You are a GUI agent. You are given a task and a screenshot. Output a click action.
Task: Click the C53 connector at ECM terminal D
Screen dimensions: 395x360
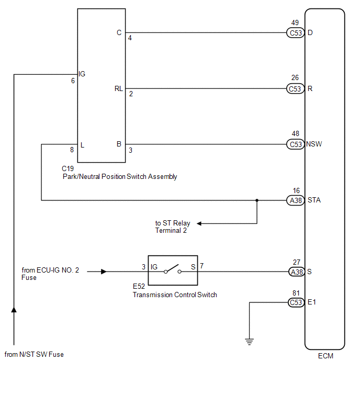pos(296,32)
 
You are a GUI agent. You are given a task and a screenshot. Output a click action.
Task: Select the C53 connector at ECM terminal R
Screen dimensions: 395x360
pos(296,88)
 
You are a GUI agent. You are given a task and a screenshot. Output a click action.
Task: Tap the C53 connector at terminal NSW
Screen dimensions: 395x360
pos(296,144)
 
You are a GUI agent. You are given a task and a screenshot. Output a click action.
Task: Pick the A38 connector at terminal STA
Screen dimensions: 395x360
pos(296,200)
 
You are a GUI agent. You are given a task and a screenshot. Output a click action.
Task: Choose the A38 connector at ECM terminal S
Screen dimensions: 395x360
pos(296,272)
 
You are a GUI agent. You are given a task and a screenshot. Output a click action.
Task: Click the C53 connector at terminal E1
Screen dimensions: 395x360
pos(296,302)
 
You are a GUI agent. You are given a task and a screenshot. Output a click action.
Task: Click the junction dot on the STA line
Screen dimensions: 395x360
pos(257,200)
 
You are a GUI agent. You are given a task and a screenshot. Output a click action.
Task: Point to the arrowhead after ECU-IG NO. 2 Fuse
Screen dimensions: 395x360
pos(104,272)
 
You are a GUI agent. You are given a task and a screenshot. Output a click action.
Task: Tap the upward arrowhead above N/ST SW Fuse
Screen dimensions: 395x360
pos(14,310)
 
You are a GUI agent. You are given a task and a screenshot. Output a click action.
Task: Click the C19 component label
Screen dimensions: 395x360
pos(68,168)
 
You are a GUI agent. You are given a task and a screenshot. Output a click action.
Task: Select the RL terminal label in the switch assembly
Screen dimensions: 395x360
pos(119,88)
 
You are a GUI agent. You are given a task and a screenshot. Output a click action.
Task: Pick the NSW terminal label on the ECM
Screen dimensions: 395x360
pos(314,144)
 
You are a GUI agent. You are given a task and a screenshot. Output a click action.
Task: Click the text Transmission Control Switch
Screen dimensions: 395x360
pos(175,295)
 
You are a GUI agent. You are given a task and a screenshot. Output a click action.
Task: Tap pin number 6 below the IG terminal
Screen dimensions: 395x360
pos(73,81)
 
